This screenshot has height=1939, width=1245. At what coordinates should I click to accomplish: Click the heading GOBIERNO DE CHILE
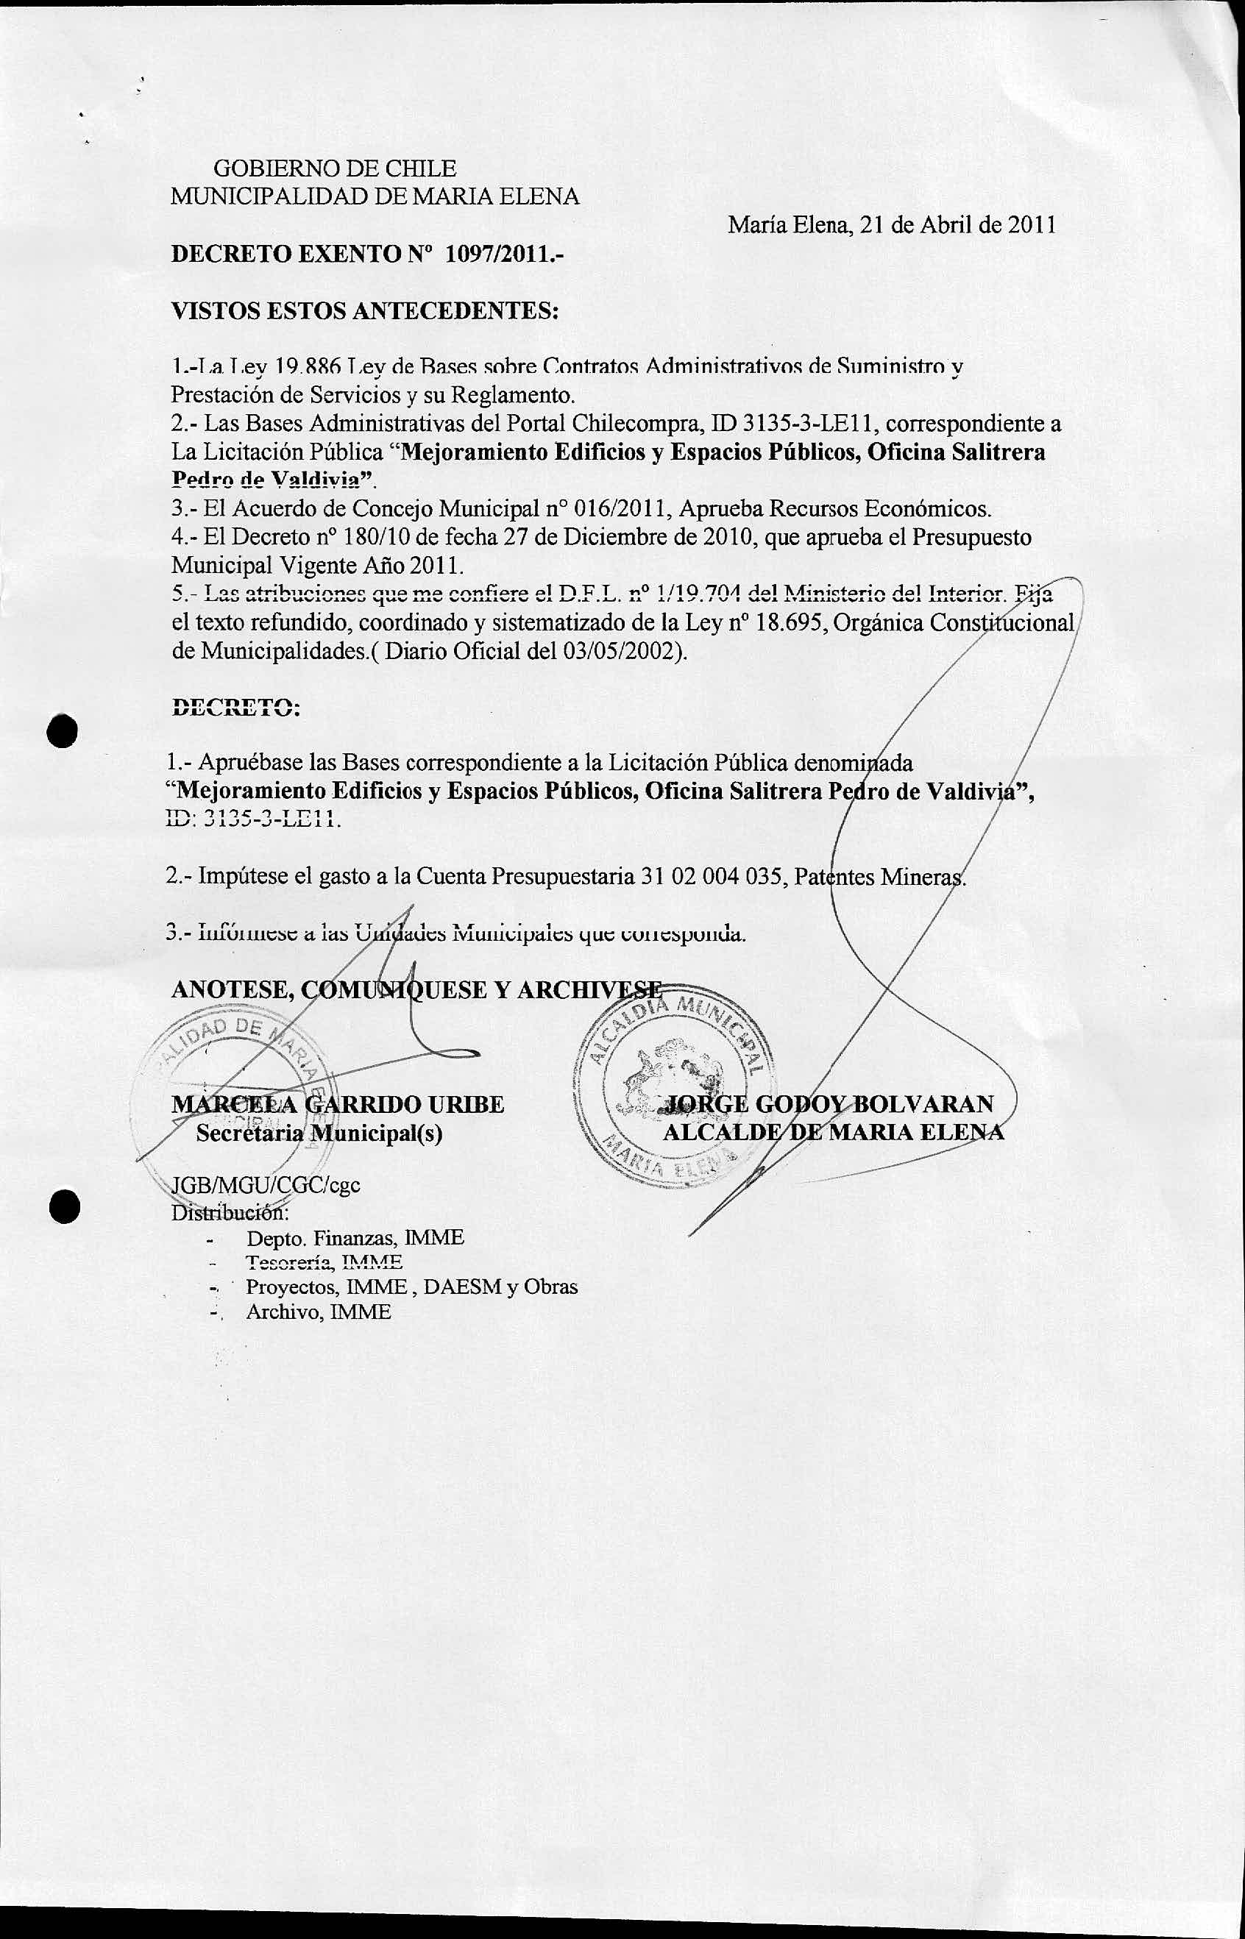coord(334,169)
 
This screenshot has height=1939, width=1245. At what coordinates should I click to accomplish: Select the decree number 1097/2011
coord(505,255)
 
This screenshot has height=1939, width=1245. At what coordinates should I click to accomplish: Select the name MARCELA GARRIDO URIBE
coord(338,1104)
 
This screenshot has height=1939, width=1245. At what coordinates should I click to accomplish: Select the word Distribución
coord(230,1212)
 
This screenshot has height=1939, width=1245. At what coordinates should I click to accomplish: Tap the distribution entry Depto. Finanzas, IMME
coord(355,1237)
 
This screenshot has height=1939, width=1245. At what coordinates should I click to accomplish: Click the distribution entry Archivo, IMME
coord(319,1312)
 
